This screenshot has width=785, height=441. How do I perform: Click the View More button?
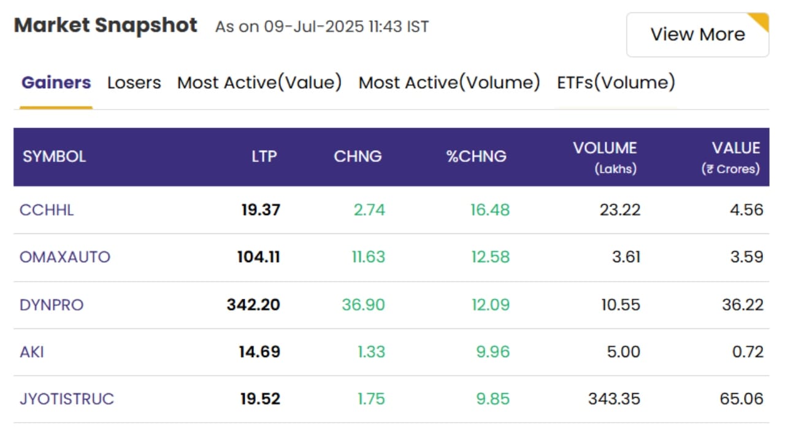tap(697, 35)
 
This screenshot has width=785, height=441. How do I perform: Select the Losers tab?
tap(134, 83)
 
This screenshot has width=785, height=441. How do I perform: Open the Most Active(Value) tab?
tap(259, 83)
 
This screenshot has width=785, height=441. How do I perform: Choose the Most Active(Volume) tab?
tap(450, 83)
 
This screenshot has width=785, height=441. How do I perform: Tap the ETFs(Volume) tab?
tap(616, 83)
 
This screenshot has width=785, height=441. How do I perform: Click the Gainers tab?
tap(56, 83)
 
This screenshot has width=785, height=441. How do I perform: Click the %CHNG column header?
tap(477, 156)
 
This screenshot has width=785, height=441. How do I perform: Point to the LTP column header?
tap(264, 156)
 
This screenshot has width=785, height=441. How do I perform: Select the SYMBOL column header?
tap(55, 156)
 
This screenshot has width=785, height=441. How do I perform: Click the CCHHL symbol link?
tap(47, 210)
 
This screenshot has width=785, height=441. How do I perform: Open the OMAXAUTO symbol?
tap(65, 257)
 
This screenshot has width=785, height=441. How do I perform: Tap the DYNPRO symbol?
tap(52, 305)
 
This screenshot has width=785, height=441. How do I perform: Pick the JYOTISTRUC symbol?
tap(67, 399)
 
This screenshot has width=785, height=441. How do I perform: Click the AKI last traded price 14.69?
tap(259, 352)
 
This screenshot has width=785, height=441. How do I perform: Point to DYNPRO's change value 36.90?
tap(364, 305)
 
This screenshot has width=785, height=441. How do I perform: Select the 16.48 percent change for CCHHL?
tap(490, 210)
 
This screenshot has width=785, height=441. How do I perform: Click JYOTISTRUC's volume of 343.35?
tap(615, 399)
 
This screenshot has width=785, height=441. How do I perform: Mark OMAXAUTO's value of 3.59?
tap(747, 257)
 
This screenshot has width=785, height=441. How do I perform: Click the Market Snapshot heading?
tap(105, 26)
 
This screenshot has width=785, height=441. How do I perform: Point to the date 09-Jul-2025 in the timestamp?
tap(314, 26)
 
